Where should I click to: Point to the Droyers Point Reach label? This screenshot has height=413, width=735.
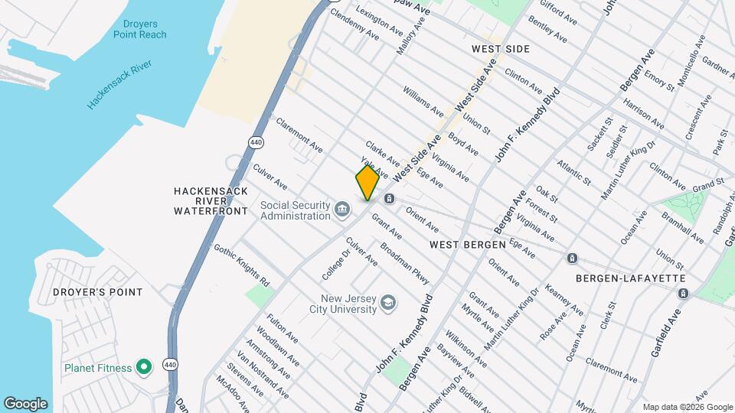point(139,29)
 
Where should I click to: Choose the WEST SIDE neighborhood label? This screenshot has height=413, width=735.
point(500,49)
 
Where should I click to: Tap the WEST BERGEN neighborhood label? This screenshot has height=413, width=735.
point(467,245)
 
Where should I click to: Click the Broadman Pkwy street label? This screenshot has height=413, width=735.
point(405,263)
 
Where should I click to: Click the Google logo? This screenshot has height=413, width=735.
point(26,404)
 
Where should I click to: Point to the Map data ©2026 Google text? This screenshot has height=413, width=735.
point(687,407)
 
